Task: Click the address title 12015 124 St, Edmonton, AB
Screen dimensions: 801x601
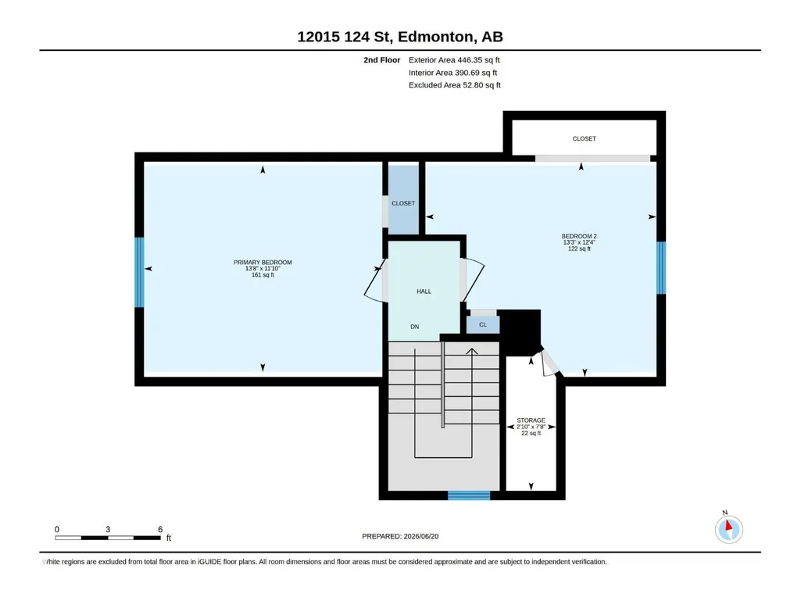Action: pyautogui.click(x=400, y=37)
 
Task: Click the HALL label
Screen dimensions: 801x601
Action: pyautogui.click(x=424, y=292)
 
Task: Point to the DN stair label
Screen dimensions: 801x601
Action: pyautogui.click(x=415, y=327)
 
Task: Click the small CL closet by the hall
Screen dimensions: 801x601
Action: pyautogui.click(x=483, y=324)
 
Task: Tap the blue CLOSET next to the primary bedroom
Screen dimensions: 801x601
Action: pyautogui.click(x=403, y=199)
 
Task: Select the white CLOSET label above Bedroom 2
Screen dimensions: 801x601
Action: pyautogui.click(x=584, y=138)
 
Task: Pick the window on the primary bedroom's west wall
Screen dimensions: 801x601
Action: pyautogui.click(x=139, y=273)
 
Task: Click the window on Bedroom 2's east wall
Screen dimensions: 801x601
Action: pyautogui.click(x=661, y=268)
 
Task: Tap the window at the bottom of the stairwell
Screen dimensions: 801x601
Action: pyautogui.click(x=469, y=495)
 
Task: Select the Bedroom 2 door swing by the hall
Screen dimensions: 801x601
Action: pyautogui.click(x=472, y=280)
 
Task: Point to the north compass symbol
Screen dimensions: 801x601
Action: pyautogui.click(x=729, y=529)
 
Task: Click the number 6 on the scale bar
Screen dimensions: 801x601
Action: pyautogui.click(x=160, y=529)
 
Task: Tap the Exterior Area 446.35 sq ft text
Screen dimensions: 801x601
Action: pyautogui.click(x=454, y=60)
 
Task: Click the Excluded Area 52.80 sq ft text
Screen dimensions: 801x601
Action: pyautogui.click(x=455, y=85)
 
